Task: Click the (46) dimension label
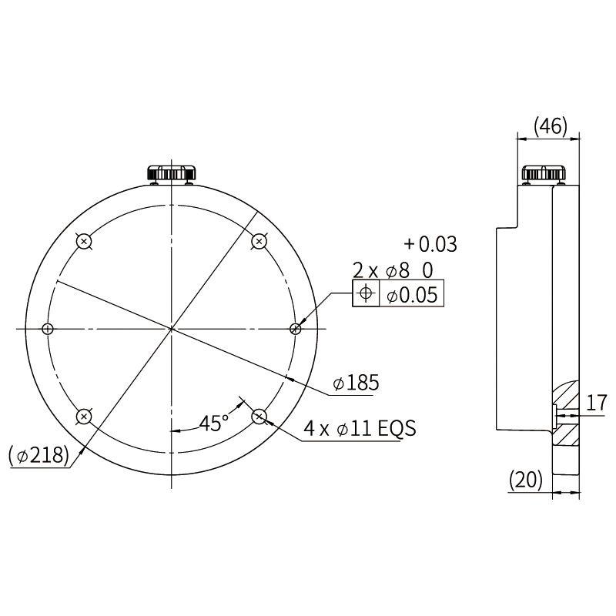(551, 126)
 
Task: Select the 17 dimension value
(596, 402)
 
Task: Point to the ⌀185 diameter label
(356, 382)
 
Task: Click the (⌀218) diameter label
(38, 456)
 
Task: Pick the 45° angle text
(213, 423)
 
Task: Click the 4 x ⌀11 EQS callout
(359, 429)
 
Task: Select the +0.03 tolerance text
(430, 245)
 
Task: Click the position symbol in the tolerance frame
(366, 293)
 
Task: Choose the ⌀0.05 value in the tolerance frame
(411, 294)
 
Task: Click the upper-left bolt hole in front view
(85, 241)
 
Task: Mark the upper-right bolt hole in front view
(259, 241)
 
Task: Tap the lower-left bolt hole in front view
(85, 417)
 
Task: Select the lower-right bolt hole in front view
(259, 417)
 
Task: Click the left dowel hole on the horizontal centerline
(48, 329)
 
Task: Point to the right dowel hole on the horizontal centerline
(296, 329)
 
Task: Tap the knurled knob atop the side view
(544, 172)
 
